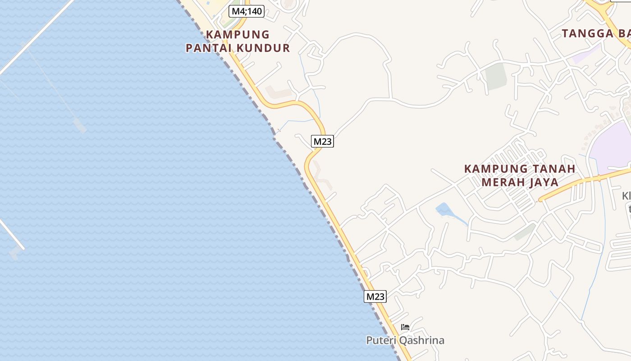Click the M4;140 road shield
coord(246,11)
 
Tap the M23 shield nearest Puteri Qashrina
coord(375,296)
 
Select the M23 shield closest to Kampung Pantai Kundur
coord(322,141)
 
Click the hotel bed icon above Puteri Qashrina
coord(405,327)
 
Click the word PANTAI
coord(209,48)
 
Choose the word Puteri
coord(381,340)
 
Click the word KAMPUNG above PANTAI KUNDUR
coord(238,35)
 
